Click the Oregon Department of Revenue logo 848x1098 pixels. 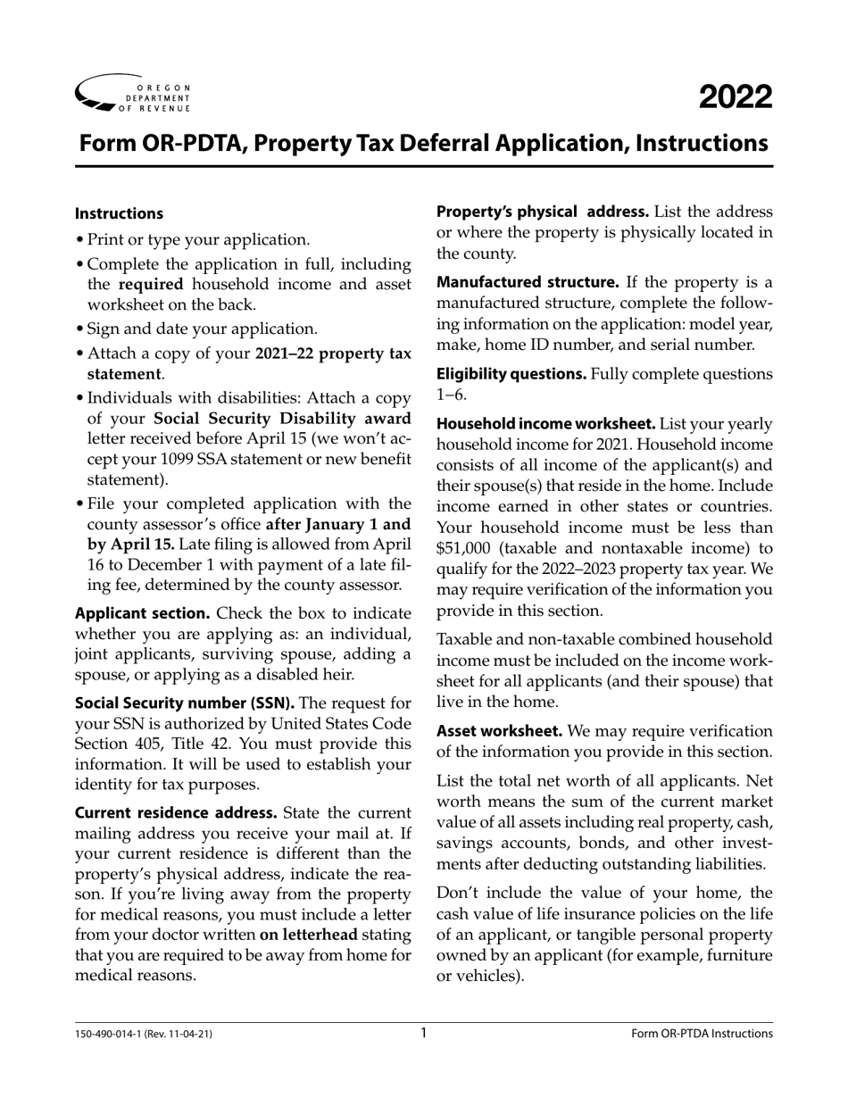click(x=134, y=94)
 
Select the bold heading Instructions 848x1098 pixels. click(x=119, y=213)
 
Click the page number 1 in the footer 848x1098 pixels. click(x=424, y=1033)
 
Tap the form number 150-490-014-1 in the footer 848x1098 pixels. click(x=114, y=1034)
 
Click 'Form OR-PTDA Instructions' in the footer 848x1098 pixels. click(x=702, y=1034)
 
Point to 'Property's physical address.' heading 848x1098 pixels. click(x=542, y=212)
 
